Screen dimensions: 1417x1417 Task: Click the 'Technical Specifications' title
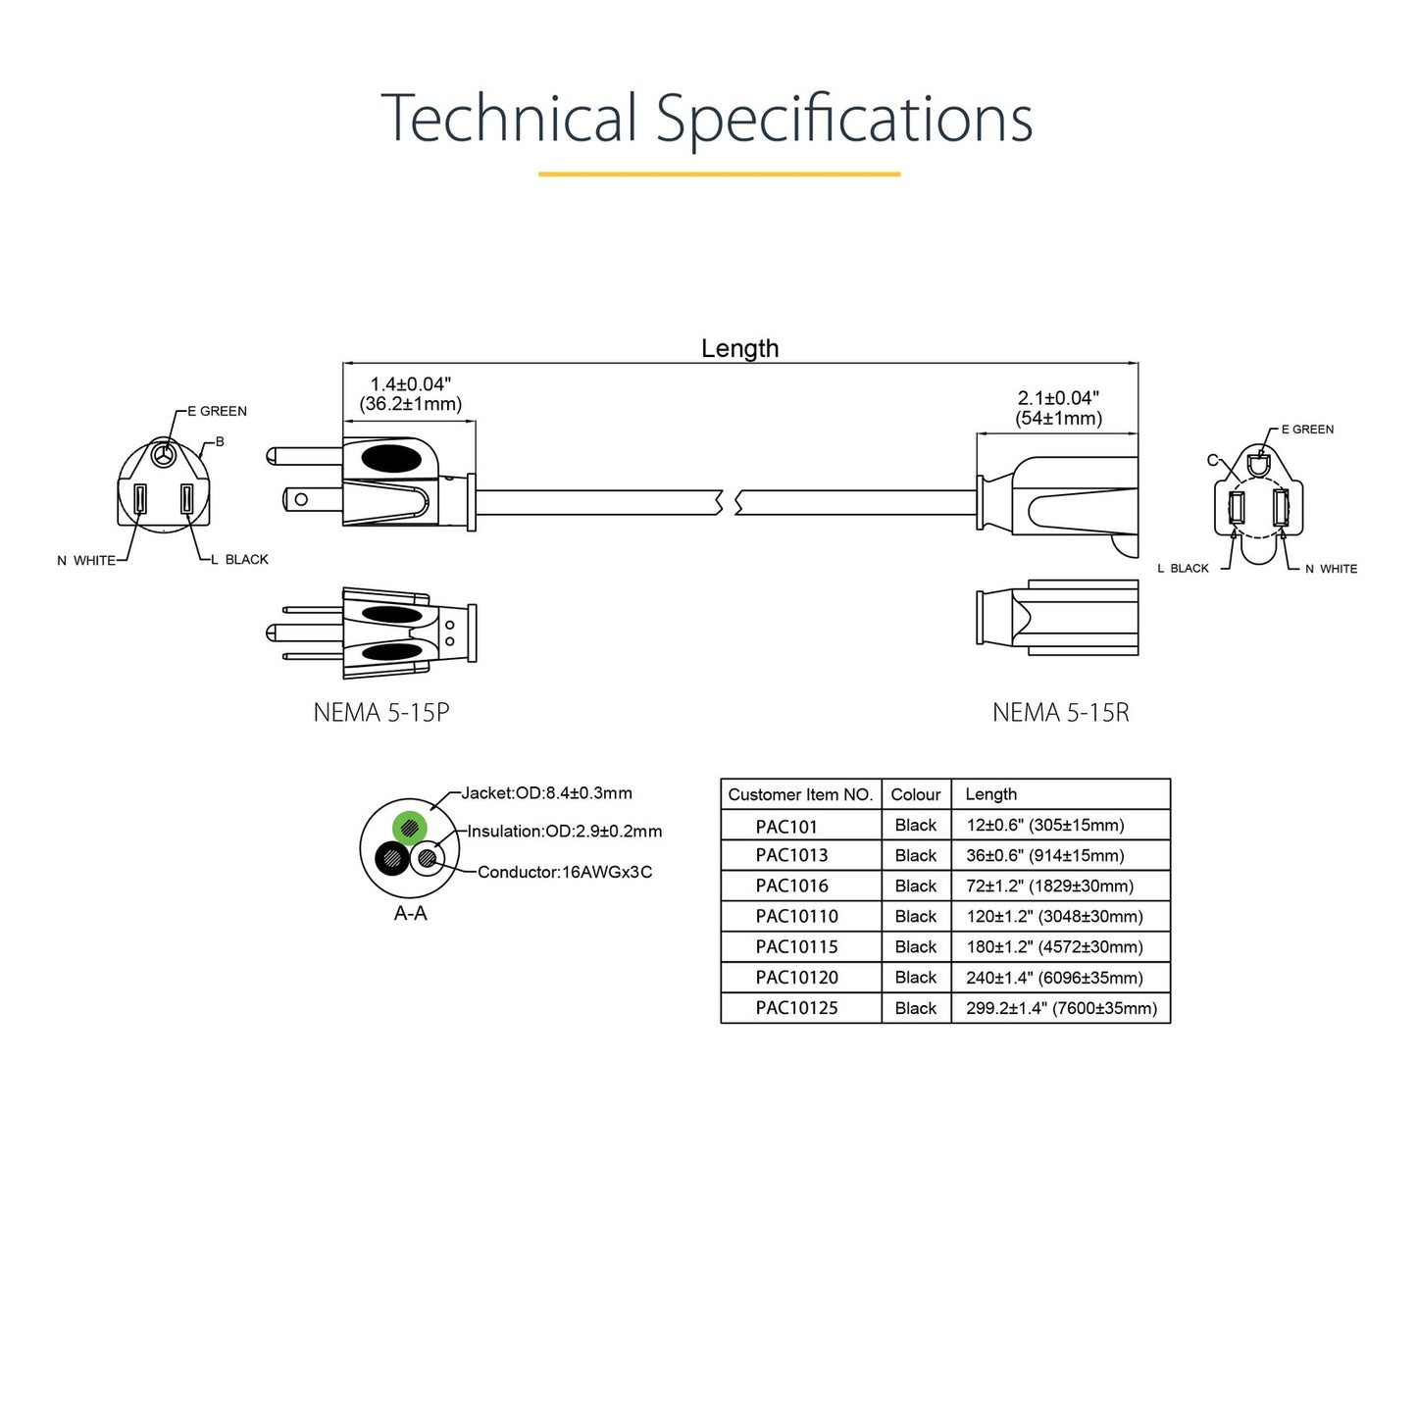(x=706, y=119)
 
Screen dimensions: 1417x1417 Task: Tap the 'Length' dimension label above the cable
(x=739, y=349)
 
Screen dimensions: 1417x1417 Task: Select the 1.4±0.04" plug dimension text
(x=410, y=384)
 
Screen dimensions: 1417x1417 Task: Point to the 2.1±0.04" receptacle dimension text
(x=1058, y=398)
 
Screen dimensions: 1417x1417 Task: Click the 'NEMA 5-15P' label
(x=381, y=713)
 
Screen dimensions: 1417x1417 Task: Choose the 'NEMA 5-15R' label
(x=1060, y=713)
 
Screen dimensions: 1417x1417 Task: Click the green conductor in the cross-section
(x=409, y=827)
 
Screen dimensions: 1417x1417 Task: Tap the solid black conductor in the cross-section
(x=392, y=859)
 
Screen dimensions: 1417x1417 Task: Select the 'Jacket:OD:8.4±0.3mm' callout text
(x=546, y=793)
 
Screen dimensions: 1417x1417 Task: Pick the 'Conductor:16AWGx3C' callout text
(x=565, y=872)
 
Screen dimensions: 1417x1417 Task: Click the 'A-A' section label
(x=410, y=914)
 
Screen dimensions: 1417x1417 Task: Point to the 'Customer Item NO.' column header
(x=800, y=794)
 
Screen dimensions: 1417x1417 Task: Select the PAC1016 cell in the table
(x=791, y=886)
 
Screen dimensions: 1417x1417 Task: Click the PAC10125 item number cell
(x=796, y=1008)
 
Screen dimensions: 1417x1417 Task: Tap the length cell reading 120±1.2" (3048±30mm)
(x=1054, y=917)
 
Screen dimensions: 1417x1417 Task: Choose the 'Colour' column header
(x=915, y=794)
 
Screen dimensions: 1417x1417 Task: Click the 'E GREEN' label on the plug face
(x=217, y=411)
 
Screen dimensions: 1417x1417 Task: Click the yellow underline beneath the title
(x=719, y=175)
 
